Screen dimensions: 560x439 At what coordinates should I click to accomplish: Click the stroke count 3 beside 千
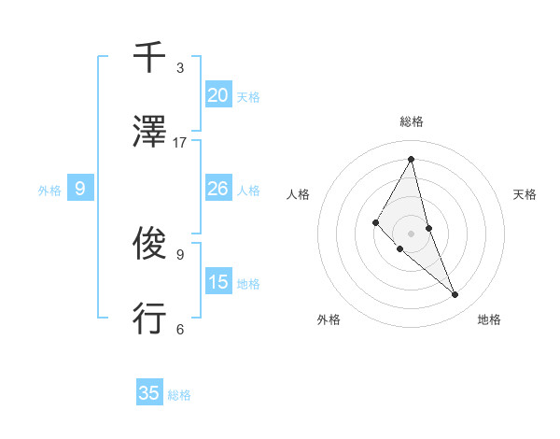[x=180, y=68]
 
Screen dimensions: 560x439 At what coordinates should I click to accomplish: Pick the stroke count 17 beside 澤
[x=180, y=142]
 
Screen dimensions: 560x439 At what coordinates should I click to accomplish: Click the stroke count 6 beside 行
[x=180, y=329]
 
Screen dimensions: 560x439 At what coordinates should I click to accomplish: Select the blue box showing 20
[x=217, y=95]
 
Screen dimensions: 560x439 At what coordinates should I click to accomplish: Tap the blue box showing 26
[x=217, y=189]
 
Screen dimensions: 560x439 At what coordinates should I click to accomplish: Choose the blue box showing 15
[x=217, y=282]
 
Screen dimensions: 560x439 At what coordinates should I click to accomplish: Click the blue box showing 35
[x=149, y=393]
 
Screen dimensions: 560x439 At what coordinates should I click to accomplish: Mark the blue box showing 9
[x=80, y=189]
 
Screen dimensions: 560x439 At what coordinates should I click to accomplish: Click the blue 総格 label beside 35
[x=179, y=395]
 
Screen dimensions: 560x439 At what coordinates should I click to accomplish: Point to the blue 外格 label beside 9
[x=49, y=191]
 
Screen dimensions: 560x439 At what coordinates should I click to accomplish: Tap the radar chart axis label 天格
[x=525, y=194]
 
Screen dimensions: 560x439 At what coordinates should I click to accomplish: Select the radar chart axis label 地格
[x=489, y=319]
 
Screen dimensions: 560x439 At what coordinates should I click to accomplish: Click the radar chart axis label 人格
[x=298, y=194]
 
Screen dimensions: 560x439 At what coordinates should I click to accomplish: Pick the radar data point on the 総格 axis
[x=411, y=159]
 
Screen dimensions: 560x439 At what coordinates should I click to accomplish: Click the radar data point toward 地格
[x=455, y=294]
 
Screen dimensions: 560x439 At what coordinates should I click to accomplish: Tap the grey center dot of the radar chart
[x=411, y=233]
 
